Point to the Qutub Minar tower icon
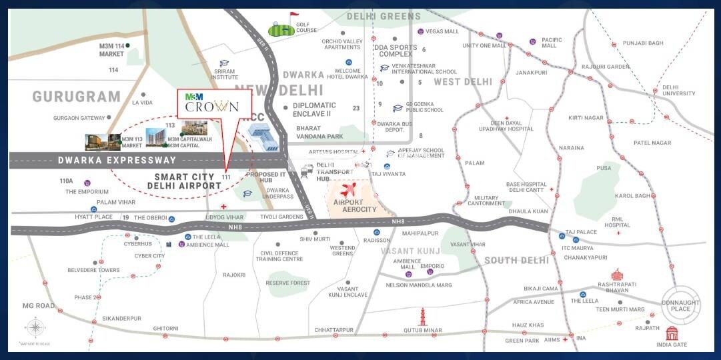click(422, 316)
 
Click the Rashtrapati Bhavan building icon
click(618, 275)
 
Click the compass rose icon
click(35, 328)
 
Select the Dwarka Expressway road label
click(117, 160)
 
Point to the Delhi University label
click(680, 91)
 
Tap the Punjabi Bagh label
click(643, 43)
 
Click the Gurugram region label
click(77, 97)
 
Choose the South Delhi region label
click(517, 260)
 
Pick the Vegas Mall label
click(442, 31)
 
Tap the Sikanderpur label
click(121, 319)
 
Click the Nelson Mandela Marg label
click(419, 285)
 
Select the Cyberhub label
click(120, 244)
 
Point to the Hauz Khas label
click(528, 325)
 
